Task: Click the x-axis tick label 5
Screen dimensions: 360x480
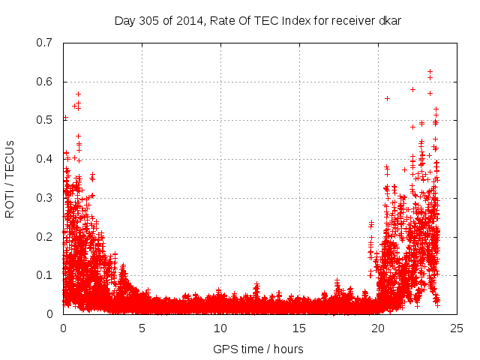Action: click(142, 328)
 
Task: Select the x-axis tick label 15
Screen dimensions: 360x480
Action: click(299, 328)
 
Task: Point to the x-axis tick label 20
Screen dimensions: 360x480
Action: click(378, 328)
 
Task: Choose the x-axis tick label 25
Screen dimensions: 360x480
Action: click(457, 328)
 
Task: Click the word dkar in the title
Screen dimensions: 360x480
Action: click(388, 20)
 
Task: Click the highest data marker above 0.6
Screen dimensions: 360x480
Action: click(430, 72)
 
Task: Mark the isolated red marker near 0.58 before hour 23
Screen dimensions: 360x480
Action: click(412, 89)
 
